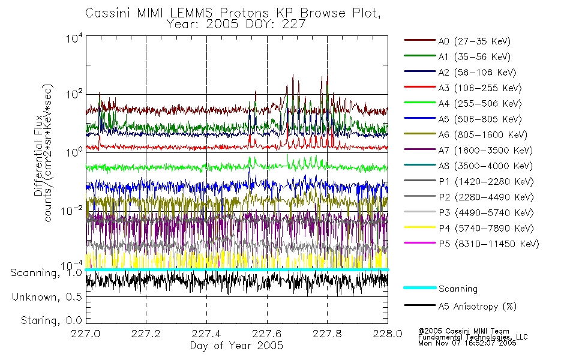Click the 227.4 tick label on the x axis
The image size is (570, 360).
[206, 334]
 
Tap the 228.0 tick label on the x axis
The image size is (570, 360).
[388, 334]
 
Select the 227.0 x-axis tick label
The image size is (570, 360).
[86, 334]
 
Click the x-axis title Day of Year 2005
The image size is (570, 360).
[236, 346]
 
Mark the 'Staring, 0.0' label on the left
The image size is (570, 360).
[51, 320]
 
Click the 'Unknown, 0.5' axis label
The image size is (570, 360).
[47, 297]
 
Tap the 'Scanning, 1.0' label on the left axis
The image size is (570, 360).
[46, 273]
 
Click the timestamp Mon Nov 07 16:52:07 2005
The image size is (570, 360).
[467, 343]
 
